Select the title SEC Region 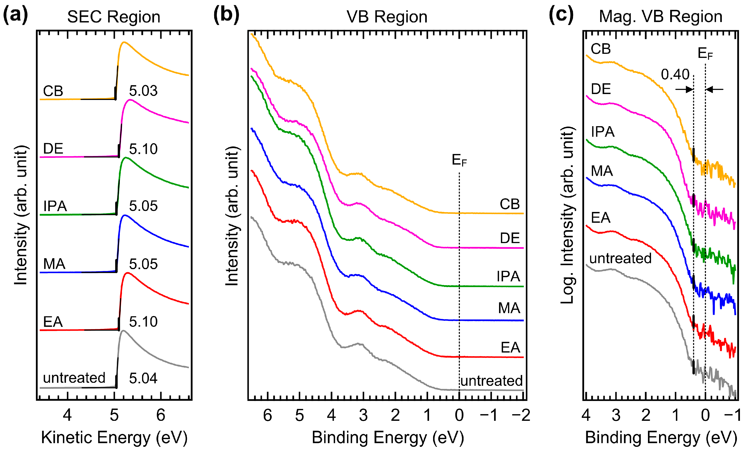(x=114, y=17)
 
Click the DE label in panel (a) (x=53, y=149)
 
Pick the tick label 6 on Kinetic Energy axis (x=161, y=415)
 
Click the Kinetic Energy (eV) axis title (x=114, y=438)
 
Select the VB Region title (x=387, y=17)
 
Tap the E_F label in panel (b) (x=459, y=160)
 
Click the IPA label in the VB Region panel (x=508, y=276)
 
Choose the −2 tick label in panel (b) (x=521, y=415)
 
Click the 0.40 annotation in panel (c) (x=675, y=74)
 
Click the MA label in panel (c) (x=602, y=171)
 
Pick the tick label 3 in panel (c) (x=616, y=415)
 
